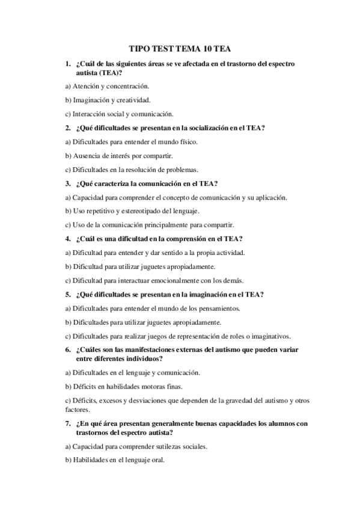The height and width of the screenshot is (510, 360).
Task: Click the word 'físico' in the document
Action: coord(187,141)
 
